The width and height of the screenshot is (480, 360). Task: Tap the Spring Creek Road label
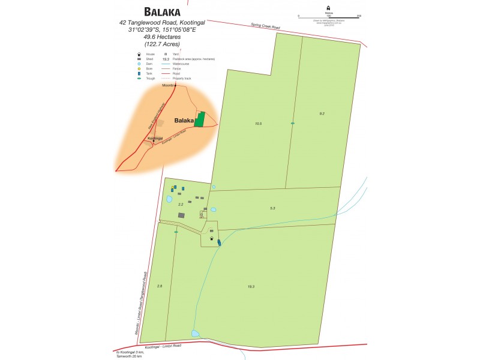[x=265, y=26]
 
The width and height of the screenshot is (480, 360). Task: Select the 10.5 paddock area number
[x=259, y=123]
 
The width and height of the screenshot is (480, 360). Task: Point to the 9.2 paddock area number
[x=322, y=113]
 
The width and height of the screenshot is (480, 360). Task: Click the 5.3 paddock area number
[x=272, y=208]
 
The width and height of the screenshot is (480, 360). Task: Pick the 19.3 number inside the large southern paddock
[x=251, y=287]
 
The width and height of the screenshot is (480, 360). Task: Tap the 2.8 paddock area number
[x=160, y=286]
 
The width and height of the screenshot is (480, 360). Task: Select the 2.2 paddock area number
[x=181, y=205]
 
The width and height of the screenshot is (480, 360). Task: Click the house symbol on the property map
[x=211, y=239]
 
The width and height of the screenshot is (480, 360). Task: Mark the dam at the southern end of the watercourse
[x=195, y=333]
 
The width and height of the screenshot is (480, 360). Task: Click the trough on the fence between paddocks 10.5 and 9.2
[x=293, y=124]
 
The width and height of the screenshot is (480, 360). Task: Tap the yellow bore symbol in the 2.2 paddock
[x=172, y=188]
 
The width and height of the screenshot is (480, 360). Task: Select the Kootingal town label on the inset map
[x=155, y=139]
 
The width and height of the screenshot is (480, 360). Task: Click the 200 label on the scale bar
[x=359, y=17]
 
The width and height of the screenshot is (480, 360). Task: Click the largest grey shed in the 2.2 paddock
[x=182, y=215]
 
